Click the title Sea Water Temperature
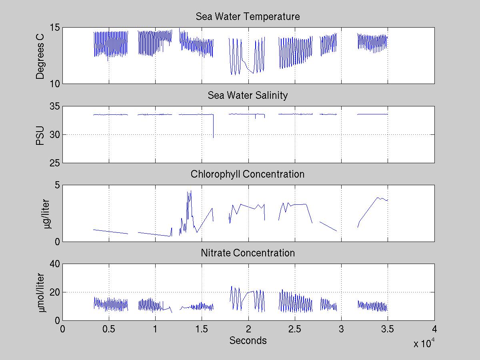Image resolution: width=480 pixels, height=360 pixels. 248,17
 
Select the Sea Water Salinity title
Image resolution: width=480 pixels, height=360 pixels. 248,96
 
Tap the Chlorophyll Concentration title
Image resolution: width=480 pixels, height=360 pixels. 248,174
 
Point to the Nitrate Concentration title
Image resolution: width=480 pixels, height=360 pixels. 248,253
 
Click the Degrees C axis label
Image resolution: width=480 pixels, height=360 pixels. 40,56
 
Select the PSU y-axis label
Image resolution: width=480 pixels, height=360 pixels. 40,134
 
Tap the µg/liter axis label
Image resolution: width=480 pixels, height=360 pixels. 47,213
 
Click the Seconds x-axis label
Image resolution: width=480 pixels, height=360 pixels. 248,341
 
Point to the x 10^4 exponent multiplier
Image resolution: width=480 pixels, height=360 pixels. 424,343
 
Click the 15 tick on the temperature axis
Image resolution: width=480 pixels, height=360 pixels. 55,28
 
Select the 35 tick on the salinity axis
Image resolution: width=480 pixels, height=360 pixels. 55,106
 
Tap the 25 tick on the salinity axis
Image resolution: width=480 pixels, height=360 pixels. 55,163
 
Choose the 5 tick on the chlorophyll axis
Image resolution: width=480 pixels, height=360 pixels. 57,185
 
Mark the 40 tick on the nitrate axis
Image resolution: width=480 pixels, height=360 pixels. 55,264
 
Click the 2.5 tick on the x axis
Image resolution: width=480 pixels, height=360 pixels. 295,329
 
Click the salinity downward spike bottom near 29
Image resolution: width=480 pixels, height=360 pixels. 213,138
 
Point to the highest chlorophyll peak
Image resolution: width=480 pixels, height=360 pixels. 191,191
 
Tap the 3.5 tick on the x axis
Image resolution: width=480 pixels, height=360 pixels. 388,329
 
